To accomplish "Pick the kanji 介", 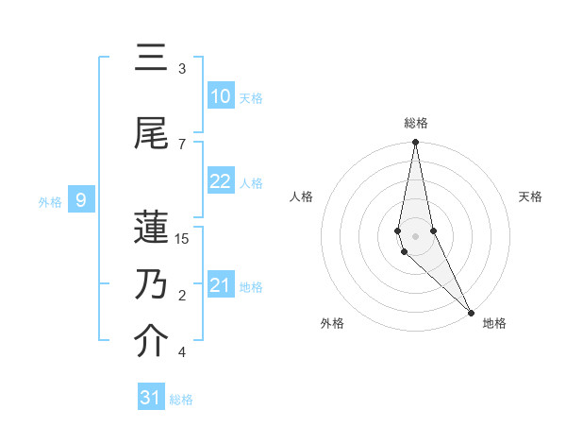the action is tap(152, 343).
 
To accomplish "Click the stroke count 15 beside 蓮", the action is tap(182, 239).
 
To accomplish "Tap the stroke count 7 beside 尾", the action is tap(182, 144).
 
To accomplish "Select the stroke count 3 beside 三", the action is tap(182, 69).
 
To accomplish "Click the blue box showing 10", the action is tap(220, 96).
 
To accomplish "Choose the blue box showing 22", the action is tap(220, 181).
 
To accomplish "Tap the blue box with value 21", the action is tap(220, 285).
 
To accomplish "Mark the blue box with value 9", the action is tap(82, 200).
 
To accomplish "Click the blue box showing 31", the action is tap(151, 398).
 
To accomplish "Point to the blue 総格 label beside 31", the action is tap(181, 400).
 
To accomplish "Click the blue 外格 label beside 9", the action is tap(50, 201).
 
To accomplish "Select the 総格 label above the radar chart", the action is tap(416, 123).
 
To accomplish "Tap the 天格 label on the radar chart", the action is tap(531, 196).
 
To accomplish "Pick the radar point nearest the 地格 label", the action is tap(472, 312).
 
